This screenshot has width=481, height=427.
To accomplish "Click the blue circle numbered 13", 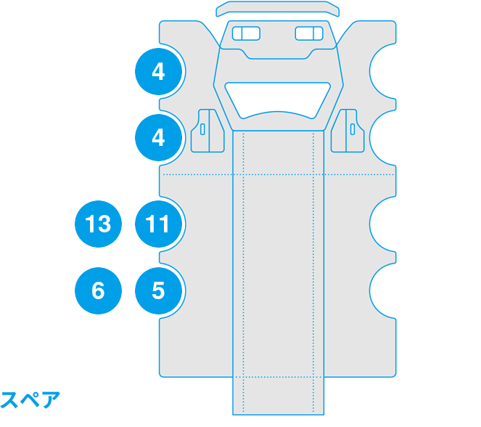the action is point(98,224).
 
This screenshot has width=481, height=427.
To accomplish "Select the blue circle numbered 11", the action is point(158,224).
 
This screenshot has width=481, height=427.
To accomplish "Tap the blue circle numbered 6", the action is point(98,290).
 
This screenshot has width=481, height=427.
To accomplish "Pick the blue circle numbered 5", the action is point(158,290).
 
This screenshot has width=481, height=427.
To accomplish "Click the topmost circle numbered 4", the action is point(158,71).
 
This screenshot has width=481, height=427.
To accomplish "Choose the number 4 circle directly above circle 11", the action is point(158,137).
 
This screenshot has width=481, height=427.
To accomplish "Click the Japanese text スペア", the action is point(30,399).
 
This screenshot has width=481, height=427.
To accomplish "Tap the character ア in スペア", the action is point(51,400).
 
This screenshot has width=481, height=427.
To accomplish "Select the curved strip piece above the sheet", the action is point(278,9).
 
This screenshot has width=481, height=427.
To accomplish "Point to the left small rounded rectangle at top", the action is point(246,33).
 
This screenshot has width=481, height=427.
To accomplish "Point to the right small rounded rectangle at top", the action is point(309,33).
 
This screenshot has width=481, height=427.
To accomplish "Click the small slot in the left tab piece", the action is point(202,129).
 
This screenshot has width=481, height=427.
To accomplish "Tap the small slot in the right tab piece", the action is point(353,129).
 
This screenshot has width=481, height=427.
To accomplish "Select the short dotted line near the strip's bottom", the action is point(278,377).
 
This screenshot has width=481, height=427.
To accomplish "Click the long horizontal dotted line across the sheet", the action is point(279,175).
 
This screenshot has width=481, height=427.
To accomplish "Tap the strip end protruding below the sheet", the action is point(279,396).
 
